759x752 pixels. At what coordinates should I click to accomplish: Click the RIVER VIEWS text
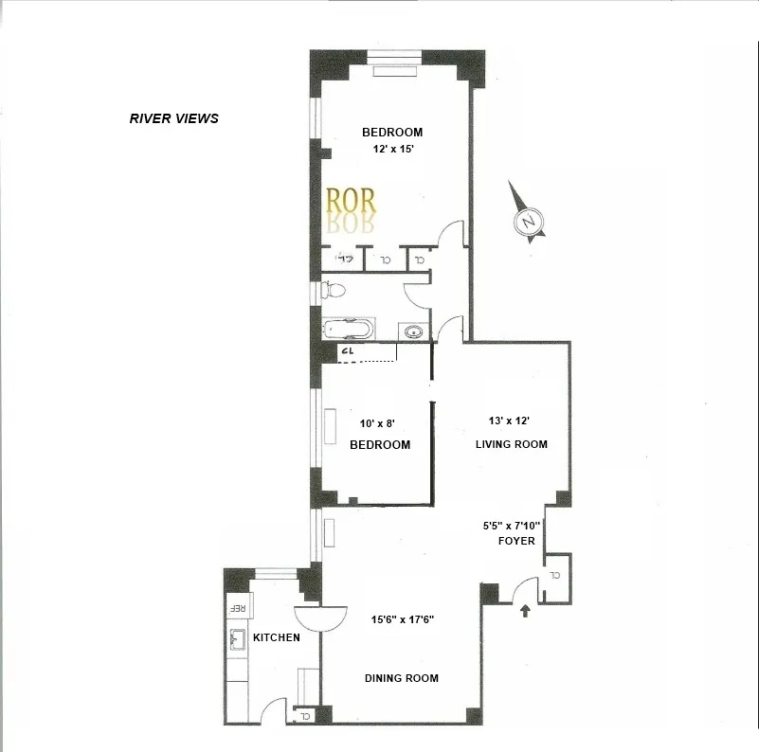[x=173, y=118]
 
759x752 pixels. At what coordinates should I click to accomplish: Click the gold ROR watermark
[x=351, y=200]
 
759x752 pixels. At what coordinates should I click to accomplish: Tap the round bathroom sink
[x=414, y=331]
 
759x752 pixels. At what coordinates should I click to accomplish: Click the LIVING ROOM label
[x=513, y=444]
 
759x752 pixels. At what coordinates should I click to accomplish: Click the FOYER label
[x=517, y=541]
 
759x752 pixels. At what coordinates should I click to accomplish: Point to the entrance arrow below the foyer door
[x=524, y=612]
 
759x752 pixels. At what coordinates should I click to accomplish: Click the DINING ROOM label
[x=402, y=678]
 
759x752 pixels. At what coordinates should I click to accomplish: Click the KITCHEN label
[x=277, y=637]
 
